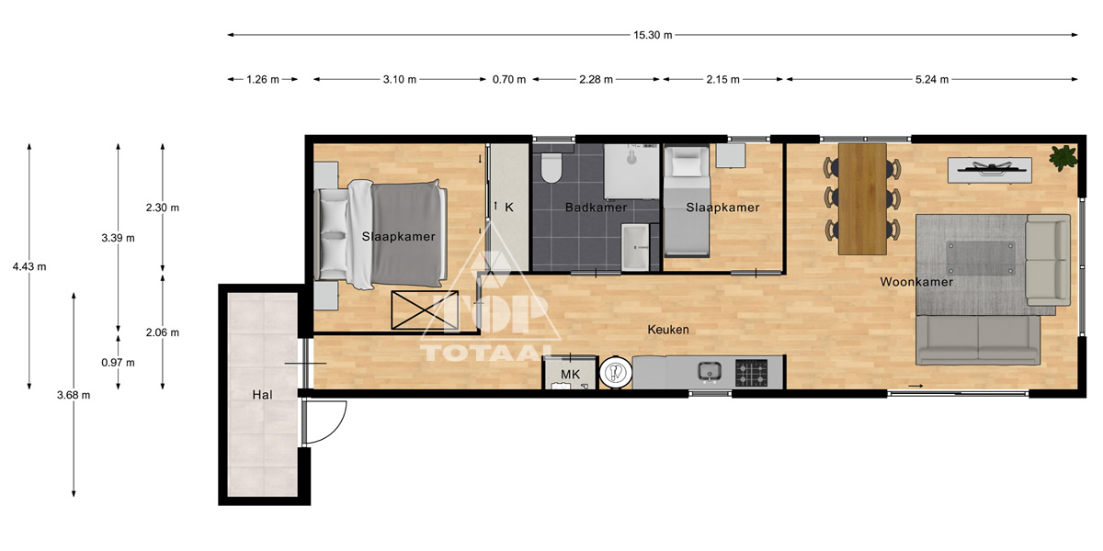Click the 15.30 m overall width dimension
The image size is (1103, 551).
(653, 35)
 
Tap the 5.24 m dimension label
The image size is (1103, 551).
(932, 79)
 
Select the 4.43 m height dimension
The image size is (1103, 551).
(29, 266)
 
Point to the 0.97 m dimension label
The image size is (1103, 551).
(119, 363)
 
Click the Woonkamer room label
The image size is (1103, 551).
(916, 282)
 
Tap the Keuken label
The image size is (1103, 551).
(668, 330)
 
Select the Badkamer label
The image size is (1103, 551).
(596, 208)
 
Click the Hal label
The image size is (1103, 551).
(262, 395)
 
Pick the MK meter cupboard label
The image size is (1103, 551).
(570, 375)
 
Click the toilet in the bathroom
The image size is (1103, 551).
(551, 167)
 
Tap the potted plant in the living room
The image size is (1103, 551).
(1063, 157)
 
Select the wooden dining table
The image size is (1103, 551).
(863, 198)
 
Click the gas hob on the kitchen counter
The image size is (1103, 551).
(752, 373)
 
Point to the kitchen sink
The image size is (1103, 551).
(710, 371)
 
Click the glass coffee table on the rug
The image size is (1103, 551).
(981, 258)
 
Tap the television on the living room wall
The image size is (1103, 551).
(990, 169)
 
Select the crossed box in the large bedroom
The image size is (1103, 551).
(425, 310)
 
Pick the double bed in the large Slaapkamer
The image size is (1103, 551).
(381, 233)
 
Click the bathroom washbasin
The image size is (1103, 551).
(635, 247)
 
